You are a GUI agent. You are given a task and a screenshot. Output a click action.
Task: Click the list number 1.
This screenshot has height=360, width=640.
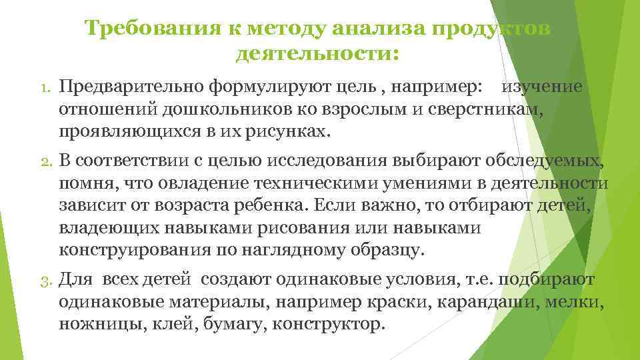[41, 88]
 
